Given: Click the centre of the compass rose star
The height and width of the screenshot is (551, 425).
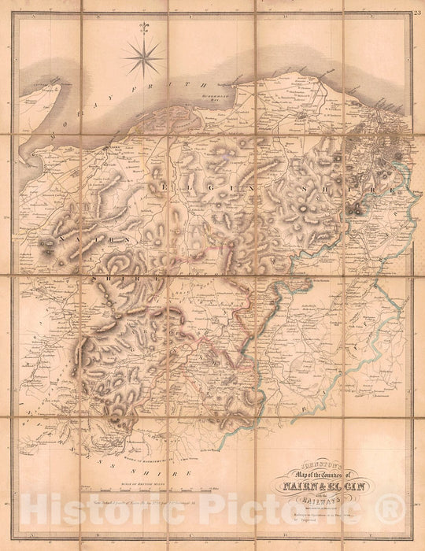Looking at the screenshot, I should click(143, 57).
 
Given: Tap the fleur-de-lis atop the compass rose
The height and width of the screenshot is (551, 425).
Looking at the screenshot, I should click(143, 29).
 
